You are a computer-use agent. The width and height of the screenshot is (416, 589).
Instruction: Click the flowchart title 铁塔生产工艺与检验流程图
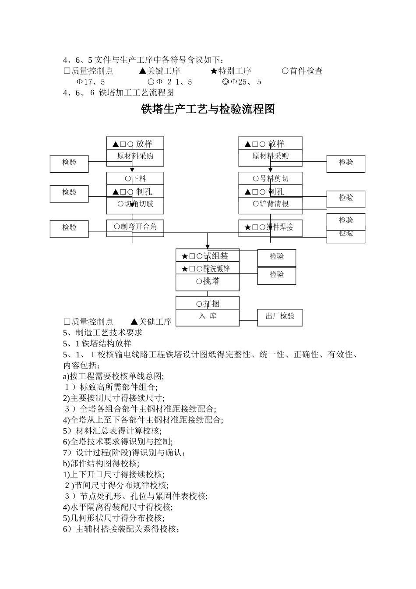tap(208, 109)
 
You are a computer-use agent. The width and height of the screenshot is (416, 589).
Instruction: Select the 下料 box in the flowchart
tap(135, 178)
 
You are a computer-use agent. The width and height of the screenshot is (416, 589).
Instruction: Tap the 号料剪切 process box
tap(270, 178)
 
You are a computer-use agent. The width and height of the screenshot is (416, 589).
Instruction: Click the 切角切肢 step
tap(135, 204)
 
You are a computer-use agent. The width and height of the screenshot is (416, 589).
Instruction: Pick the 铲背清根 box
tap(270, 204)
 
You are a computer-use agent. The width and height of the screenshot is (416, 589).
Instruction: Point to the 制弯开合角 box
tap(135, 227)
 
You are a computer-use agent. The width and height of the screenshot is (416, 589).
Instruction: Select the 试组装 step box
tap(207, 256)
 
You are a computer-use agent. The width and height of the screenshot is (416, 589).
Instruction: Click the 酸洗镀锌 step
tap(207, 268)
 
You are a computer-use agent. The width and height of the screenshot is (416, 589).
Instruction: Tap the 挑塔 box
tap(207, 281)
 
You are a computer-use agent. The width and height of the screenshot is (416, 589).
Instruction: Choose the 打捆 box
tap(207, 303)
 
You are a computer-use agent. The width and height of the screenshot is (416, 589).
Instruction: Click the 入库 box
tap(207, 316)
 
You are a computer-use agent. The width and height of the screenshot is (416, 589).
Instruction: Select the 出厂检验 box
tap(280, 316)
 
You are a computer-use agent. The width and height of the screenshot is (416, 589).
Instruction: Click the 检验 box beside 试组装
tap(277, 257)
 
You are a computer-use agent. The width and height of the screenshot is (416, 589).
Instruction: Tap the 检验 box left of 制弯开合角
tap(69, 228)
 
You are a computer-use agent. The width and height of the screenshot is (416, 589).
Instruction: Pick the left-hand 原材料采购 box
tap(135, 156)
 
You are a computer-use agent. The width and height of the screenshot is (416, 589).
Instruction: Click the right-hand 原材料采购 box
tap(270, 156)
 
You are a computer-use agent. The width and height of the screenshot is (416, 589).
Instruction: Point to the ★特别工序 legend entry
tap(231, 71)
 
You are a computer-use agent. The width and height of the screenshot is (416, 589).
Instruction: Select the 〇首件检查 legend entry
tap(302, 71)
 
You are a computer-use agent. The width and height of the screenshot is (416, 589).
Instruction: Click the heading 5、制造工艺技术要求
tap(103, 333)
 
